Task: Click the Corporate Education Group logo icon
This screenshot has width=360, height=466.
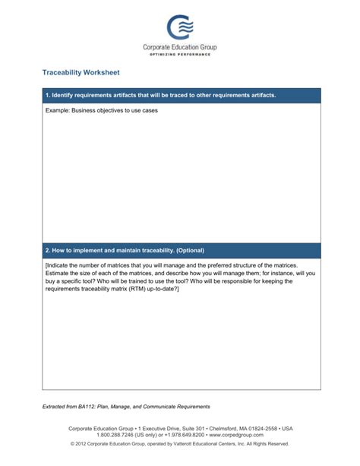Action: (180, 28)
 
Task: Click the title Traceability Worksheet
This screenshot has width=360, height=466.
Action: (81, 73)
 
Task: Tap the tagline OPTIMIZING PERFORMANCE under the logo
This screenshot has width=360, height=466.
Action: (180, 55)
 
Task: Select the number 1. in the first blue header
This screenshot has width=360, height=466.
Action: (48, 96)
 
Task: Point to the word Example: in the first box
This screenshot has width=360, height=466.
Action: (58, 111)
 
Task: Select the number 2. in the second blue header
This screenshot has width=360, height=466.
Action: (48, 250)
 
